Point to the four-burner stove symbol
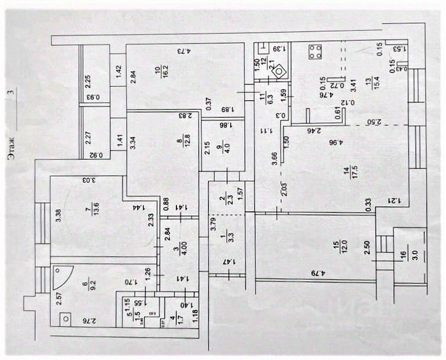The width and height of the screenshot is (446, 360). tap(316, 52)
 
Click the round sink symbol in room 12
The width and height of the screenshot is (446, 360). tap(279, 71)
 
